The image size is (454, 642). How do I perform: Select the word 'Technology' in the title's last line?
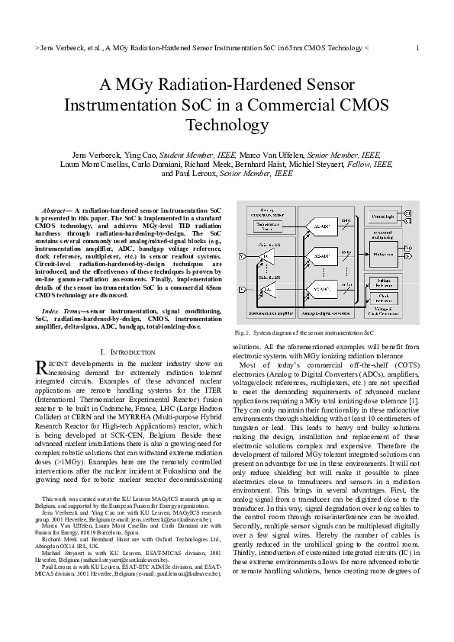click(227, 124)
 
